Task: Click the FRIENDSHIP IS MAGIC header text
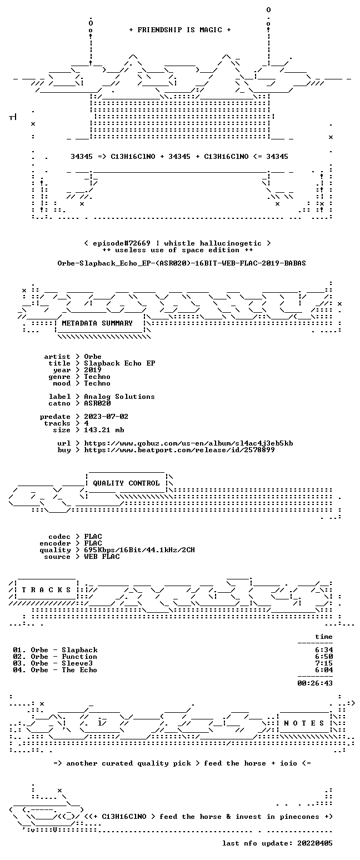click(x=179, y=30)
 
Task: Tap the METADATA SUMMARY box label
click(x=97, y=323)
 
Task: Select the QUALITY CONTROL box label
click(x=126, y=483)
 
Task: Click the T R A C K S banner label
click(x=46, y=589)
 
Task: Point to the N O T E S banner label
click(x=303, y=723)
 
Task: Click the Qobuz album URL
click(x=188, y=443)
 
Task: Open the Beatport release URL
click(x=179, y=450)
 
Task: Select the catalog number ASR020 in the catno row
click(x=97, y=403)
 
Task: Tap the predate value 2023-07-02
click(x=106, y=417)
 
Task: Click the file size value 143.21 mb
click(x=104, y=430)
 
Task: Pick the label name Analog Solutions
click(x=119, y=397)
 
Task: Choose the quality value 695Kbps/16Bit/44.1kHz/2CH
click(x=139, y=550)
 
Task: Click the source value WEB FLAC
click(x=102, y=557)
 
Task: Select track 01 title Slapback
click(x=79, y=650)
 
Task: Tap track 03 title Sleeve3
click(x=77, y=663)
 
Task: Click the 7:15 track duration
click(x=324, y=663)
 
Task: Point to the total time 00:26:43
click(x=315, y=683)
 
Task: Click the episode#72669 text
click(x=122, y=243)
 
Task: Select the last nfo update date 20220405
click(x=315, y=843)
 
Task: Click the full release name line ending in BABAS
click(x=182, y=263)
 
